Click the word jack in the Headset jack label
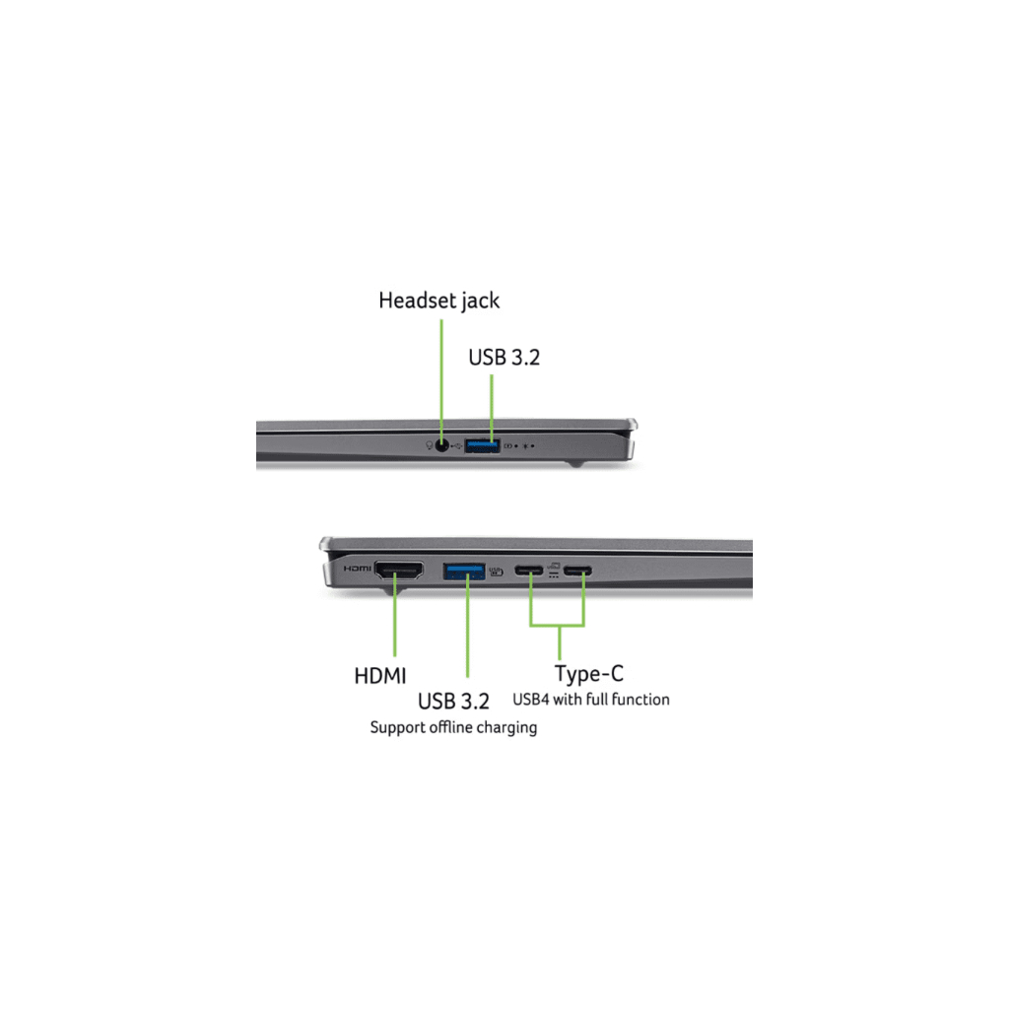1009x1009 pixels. click(x=480, y=302)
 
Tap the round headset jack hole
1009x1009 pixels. click(x=441, y=445)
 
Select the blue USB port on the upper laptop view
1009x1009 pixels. click(x=482, y=445)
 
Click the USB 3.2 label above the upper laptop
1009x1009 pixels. click(x=504, y=357)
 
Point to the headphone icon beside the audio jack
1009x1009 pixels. click(x=430, y=445)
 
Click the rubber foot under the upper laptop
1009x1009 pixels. click(x=575, y=463)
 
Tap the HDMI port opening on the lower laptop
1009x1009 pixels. click(x=399, y=570)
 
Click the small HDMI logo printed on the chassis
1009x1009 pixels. click(x=357, y=569)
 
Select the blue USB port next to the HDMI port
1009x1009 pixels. click(x=464, y=571)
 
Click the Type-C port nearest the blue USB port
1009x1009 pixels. click(x=529, y=571)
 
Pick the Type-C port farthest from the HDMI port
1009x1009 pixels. click(x=577, y=571)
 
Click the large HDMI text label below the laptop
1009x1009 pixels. click(x=380, y=676)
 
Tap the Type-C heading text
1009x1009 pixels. click(x=589, y=674)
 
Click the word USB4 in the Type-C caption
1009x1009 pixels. click(x=531, y=700)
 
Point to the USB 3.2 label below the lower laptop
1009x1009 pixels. click(x=453, y=701)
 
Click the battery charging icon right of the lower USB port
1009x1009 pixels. click(x=497, y=571)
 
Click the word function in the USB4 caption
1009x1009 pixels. click(x=640, y=700)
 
